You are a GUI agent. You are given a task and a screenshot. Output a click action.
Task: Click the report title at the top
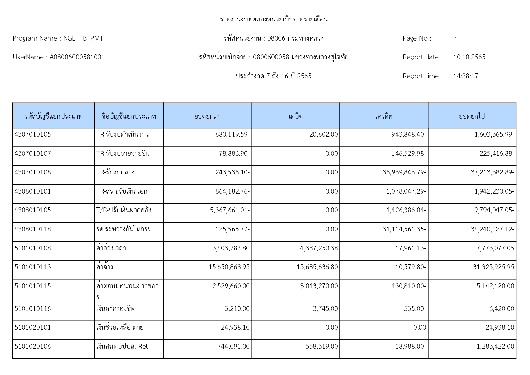tap(274, 19)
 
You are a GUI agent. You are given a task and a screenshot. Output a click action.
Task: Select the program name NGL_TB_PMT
tap(83, 38)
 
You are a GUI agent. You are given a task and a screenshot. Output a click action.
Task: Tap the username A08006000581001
tap(77, 57)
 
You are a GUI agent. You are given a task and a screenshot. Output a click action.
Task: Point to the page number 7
tap(455, 38)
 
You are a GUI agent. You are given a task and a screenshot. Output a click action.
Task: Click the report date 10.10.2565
tap(469, 57)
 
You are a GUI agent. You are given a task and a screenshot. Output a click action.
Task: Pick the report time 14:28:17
tap(465, 76)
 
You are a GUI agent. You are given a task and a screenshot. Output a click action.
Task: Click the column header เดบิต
tap(295, 116)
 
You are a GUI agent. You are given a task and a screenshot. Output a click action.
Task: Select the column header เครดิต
tap(384, 116)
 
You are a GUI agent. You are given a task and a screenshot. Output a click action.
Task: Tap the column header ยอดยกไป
tap(472, 116)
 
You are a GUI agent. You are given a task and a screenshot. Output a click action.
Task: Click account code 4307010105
tap(33, 135)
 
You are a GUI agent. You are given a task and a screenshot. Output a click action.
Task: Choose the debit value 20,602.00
tap(323, 135)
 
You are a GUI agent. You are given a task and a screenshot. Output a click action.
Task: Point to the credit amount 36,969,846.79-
tap(404, 172)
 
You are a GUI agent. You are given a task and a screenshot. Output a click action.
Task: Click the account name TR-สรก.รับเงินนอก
tap(122, 191)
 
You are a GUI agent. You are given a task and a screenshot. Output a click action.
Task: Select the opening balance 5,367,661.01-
tap(230, 210)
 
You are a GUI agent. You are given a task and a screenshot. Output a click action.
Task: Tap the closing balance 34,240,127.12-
tap(492, 229)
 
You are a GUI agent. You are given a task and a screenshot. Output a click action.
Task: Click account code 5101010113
tap(33, 267)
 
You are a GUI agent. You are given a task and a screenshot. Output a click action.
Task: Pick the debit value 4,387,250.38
tap(319, 248)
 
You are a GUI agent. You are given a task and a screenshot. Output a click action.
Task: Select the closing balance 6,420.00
tap(501, 309)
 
